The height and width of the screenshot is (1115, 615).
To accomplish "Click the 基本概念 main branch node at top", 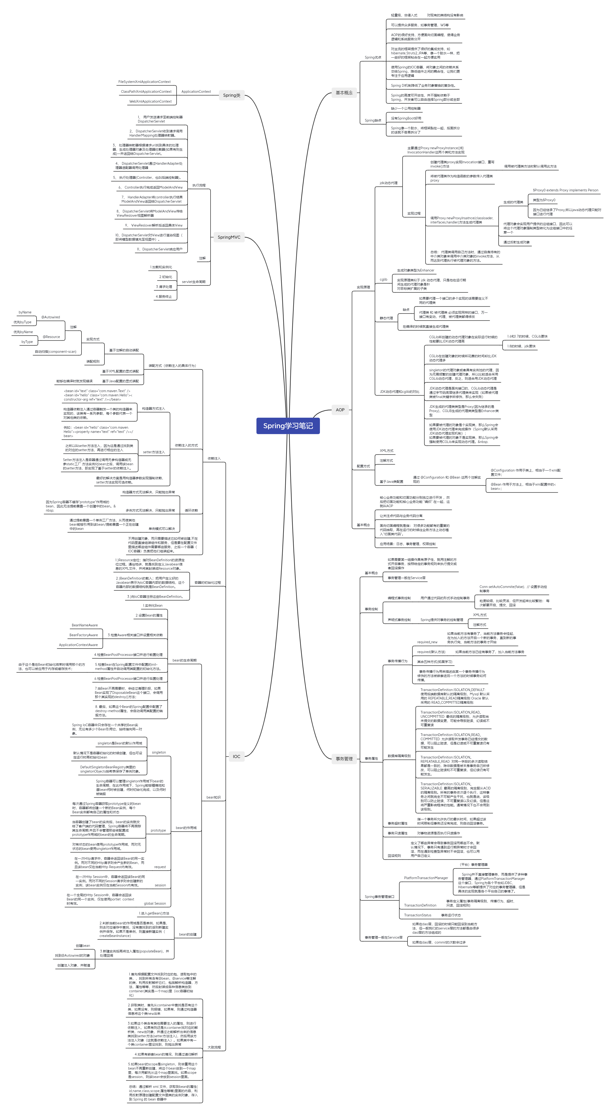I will coord(344,93).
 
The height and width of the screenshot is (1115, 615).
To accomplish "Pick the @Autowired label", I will coord(51,317).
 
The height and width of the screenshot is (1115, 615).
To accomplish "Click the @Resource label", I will coord(51,337).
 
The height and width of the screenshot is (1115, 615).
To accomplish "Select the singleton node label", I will coord(159,752).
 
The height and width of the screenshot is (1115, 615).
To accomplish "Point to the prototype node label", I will coord(158,830).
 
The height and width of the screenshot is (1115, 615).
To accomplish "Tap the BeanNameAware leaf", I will coord(85,625).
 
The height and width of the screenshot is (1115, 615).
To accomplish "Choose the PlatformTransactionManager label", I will coord(426,878).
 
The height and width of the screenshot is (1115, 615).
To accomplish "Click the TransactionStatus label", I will coord(418,915).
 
